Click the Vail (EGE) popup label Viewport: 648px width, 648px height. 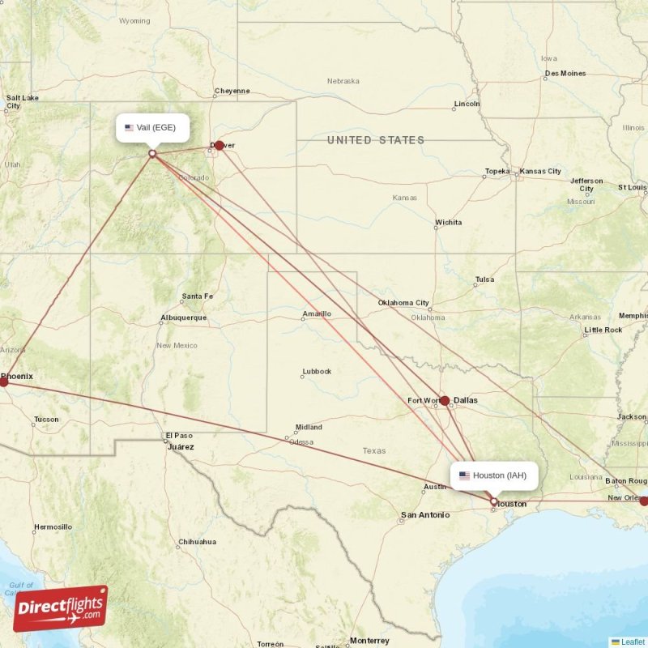click(152, 128)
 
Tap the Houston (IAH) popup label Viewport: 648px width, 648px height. click(493, 475)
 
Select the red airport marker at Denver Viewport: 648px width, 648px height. click(219, 146)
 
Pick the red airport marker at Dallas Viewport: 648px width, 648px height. click(445, 400)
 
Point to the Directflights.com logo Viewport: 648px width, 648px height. click(60, 608)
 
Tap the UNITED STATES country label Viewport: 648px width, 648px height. click(375, 140)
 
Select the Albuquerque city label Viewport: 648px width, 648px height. click(183, 318)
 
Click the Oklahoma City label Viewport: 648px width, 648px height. click(403, 303)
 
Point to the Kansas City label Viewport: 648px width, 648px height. click(540, 171)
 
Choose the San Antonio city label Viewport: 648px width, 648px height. click(424, 514)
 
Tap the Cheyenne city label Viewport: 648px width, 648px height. click(232, 91)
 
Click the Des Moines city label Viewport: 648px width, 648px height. click(565, 74)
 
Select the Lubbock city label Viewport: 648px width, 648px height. click(317, 372)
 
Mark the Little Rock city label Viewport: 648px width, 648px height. click(603, 330)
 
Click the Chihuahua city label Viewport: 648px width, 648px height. click(197, 542)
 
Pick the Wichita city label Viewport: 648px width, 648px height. click(448, 222)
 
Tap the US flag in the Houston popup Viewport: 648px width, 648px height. click(464, 475)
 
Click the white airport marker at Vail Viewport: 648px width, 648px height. click(151, 153)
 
